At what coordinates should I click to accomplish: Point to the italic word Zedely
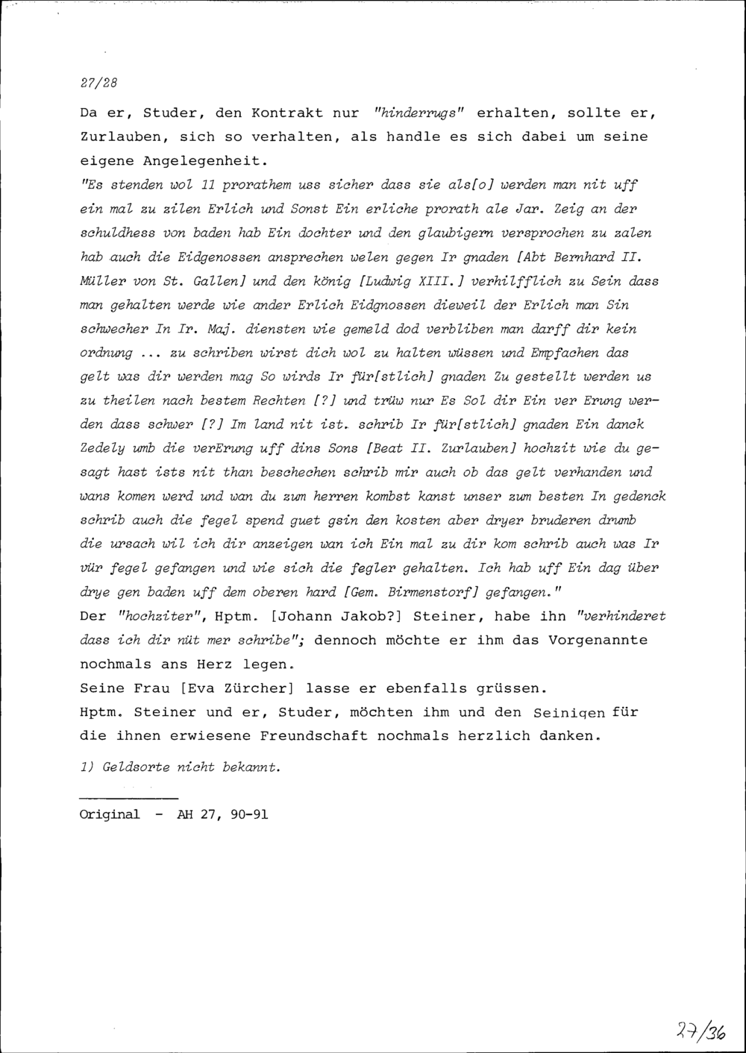tap(104, 448)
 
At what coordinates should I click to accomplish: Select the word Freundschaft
tap(313, 736)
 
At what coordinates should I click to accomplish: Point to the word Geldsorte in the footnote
tap(135, 767)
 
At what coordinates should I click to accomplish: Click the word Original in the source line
tap(109, 814)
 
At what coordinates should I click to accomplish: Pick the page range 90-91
tap(244, 814)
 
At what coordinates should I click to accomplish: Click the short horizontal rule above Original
tap(128, 799)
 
